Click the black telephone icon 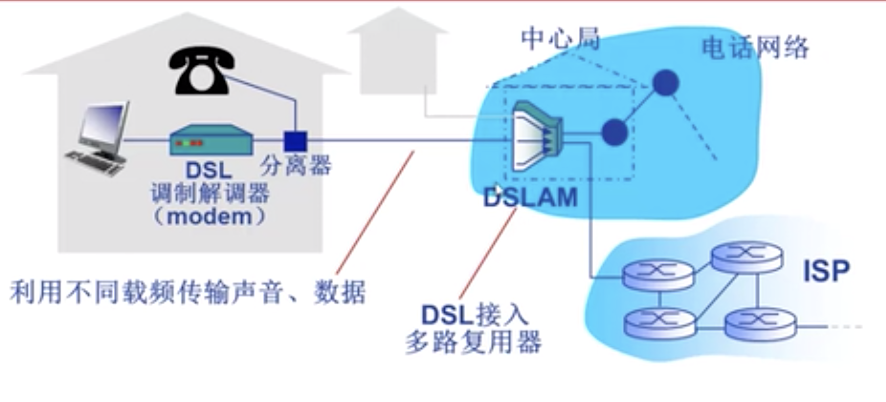click(x=202, y=71)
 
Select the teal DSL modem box click(x=211, y=140)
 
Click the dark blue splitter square click(x=295, y=141)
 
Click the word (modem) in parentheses click(x=210, y=217)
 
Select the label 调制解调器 click(x=210, y=193)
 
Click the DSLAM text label click(x=530, y=198)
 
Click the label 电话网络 click(x=755, y=48)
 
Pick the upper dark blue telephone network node click(x=666, y=82)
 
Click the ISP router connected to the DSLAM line click(x=658, y=275)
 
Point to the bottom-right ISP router click(x=760, y=324)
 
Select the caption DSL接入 click(x=475, y=315)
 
